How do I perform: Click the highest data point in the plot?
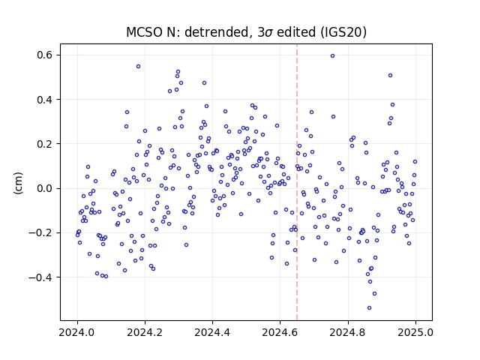click(332, 56)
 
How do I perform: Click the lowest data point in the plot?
click(369, 308)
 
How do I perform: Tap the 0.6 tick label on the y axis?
click(45, 55)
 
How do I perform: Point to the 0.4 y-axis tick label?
click(45, 100)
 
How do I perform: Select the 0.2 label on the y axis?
click(45, 144)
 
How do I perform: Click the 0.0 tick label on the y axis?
click(45, 188)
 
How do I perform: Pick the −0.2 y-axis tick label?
click(40, 233)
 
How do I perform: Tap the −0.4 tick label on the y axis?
click(40, 277)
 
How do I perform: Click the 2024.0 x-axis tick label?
click(77, 332)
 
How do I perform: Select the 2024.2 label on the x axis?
click(145, 332)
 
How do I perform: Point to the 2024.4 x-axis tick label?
click(212, 332)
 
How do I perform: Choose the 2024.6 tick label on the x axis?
click(280, 332)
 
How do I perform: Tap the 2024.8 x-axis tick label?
click(348, 332)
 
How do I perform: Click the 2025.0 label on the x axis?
click(415, 332)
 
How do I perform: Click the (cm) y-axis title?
click(18, 183)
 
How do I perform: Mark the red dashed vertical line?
click(297, 182)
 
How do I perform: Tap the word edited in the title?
click(297, 32)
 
